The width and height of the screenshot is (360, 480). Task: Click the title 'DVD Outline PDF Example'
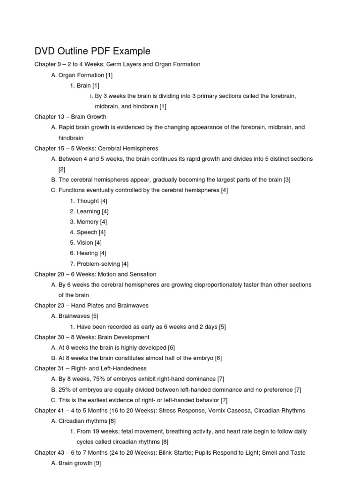92,51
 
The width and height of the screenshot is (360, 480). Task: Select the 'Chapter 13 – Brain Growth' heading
70,117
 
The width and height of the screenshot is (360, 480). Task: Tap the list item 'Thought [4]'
92,201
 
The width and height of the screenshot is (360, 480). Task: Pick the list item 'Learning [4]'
92,211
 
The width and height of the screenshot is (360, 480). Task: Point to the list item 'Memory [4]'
92,222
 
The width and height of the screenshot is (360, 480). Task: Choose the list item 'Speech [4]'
91,232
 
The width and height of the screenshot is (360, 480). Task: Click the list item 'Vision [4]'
89,242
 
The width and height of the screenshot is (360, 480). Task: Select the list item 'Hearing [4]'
91,253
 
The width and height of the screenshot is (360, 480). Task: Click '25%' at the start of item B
65,389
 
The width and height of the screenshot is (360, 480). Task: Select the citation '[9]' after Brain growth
97,463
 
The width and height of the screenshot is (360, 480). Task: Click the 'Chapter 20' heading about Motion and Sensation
95,274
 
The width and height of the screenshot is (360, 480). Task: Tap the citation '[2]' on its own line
62,169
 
